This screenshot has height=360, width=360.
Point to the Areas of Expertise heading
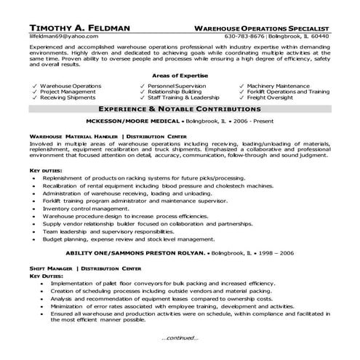pos(179,76)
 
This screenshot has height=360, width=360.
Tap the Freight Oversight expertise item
pos(271,100)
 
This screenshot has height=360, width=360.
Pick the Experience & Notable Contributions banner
pos(180,108)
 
